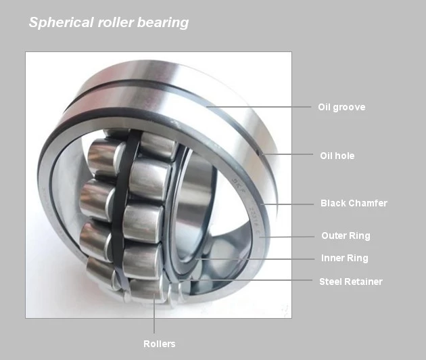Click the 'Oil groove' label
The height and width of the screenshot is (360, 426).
341,108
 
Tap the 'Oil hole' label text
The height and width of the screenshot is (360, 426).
337,156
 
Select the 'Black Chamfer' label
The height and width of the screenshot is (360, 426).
354,203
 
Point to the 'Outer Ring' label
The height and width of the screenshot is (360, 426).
346,235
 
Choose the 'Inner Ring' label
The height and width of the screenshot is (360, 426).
344,258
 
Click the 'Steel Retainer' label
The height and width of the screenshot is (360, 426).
351,282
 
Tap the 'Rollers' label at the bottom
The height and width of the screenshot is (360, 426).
159,344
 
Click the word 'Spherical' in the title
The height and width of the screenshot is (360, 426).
61,22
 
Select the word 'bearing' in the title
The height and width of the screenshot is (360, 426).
163,22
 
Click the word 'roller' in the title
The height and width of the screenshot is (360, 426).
116,22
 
